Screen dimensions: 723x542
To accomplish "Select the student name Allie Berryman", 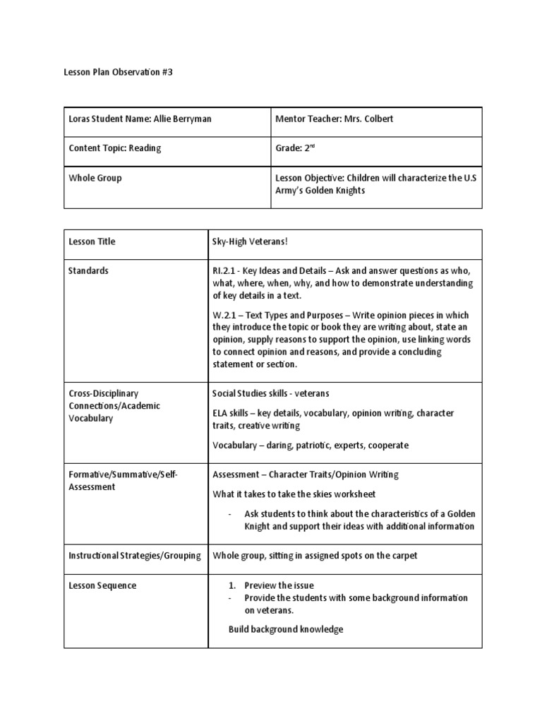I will coord(182,119).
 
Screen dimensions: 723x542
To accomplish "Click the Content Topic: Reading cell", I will coord(115,148).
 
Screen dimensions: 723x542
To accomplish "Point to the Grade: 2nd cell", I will coord(295,148).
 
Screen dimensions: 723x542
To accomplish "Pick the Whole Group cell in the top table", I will coord(95,178).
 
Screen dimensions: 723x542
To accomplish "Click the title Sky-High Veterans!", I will coord(251,241).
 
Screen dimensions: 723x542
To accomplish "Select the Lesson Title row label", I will coord(92,241).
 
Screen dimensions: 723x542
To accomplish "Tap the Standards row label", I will coord(89,271).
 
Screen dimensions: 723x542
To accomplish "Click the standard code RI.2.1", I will coord(225,271).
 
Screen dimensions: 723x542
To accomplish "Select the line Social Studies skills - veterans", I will coord(271,393).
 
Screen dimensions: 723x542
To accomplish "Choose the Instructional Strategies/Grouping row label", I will coord(134,556).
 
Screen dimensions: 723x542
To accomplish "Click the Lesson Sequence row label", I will coord(102,585).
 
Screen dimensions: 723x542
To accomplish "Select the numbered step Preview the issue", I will coord(279,585).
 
